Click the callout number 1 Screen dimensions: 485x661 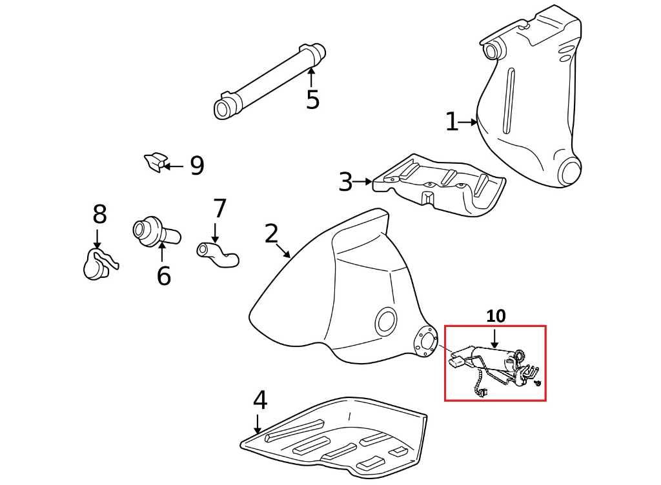pyautogui.click(x=452, y=122)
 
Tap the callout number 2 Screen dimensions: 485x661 pyautogui.click(x=271, y=234)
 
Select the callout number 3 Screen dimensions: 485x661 pyautogui.click(x=345, y=183)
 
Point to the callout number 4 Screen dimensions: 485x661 pyautogui.click(x=259, y=401)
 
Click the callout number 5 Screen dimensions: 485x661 pyautogui.click(x=312, y=100)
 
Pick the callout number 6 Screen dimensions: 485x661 pyautogui.click(x=164, y=276)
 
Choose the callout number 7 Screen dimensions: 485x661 pyautogui.click(x=219, y=209)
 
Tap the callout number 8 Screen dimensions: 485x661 pyautogui.click(x=99, y=214)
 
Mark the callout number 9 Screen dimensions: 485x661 pyautogui.click(x=197, y=166)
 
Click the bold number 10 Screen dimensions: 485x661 pyautogui.click(x=496, y=316)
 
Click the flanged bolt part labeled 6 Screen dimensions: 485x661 pyautogui.click(x=155, y=232)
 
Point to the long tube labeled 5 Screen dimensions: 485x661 pyautogui.click(x=270, y=80)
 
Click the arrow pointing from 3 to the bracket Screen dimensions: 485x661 pyautogui.click(x=365, y=183)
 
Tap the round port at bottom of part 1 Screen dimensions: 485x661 pyautogui.click(x=570, y=172)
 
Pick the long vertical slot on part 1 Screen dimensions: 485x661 pyautogui.click(x=509, y=100)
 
